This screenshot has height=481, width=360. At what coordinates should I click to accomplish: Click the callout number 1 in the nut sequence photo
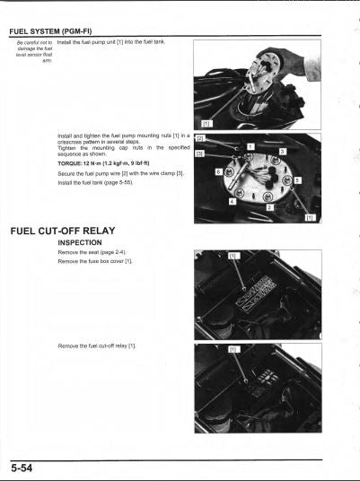(x=250, y=146)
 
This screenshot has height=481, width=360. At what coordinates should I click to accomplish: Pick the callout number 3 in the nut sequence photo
(x=282, y=153)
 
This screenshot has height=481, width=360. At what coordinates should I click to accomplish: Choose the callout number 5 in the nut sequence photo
(x=298, y=179)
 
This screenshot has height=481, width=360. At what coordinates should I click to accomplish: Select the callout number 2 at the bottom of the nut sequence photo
(x=269, y=207)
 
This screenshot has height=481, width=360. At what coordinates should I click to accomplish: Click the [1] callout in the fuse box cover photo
(x=235, y=257)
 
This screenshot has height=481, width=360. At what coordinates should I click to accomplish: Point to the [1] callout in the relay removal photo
(x=235, y=349)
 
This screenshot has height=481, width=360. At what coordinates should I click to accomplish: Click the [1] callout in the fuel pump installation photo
(x=206, y=122)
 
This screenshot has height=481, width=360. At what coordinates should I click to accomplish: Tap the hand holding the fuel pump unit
(x=305, y=65)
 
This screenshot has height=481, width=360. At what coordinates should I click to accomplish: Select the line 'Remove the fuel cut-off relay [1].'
(x=96, y=345)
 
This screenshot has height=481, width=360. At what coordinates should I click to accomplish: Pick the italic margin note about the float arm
(x=31, y=52)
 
